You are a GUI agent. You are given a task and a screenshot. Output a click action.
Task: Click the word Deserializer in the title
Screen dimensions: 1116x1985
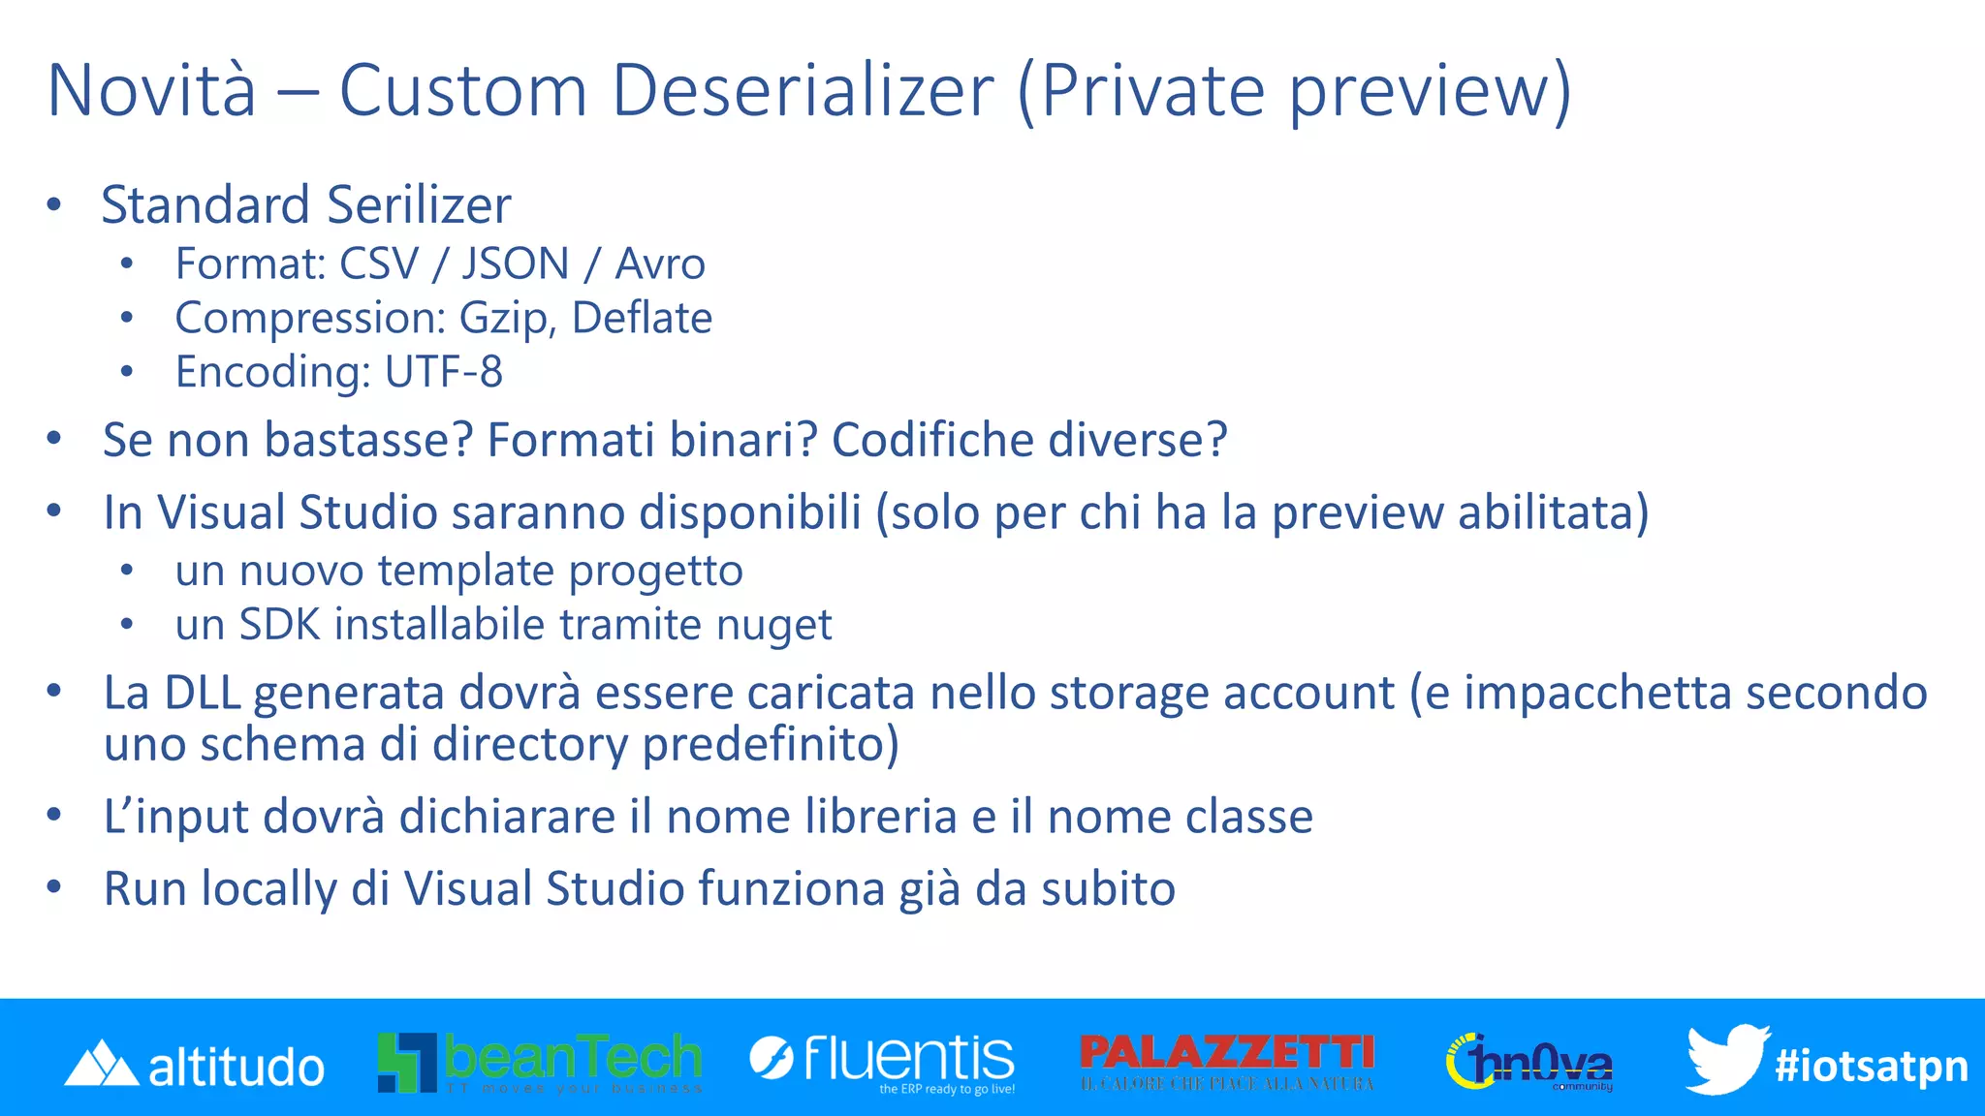[803, 91]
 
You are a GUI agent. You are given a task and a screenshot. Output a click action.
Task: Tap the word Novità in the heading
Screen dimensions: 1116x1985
[152, 91]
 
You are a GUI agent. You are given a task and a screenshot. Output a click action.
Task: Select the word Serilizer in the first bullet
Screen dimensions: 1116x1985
[419, 205]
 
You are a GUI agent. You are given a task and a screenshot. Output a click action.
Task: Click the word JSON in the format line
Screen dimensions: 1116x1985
[515, 264]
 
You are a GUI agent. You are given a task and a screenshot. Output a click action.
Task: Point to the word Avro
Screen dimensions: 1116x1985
[660, 264]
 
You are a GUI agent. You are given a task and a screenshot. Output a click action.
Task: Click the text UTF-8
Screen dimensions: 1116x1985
[443, 372]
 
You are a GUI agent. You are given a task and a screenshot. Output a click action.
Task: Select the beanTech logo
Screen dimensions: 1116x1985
[540, 1062]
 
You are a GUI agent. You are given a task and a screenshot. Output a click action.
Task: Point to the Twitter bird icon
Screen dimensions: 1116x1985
[1726, 1058]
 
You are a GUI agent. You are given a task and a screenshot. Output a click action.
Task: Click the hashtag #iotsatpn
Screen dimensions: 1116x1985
[1871, 1066]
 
